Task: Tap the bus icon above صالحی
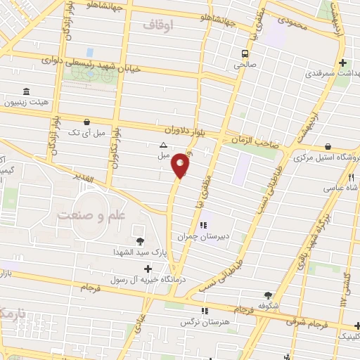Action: pyautogui.click(x=245, y=53)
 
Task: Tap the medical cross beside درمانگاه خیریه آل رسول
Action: pyautogui.click(x=148, y=269)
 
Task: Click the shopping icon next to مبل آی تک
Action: pyautogui.click(x=86, y=122)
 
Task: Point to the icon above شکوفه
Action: pyautogui.click(x=268, y=295)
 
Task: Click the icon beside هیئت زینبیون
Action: pyautogui.click(x=27, y=92)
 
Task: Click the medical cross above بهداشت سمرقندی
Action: pyautogui.click(x=342, y=62)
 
